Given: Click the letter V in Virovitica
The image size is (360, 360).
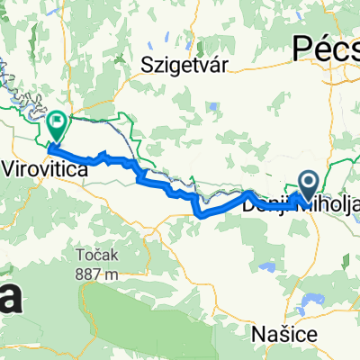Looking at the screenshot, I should tap(11, 167).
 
